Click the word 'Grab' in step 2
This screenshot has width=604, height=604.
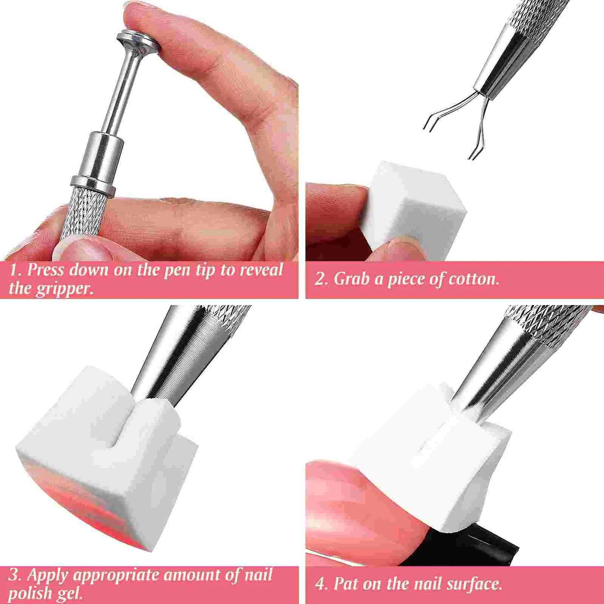pyautogui.click(x=351, y=279)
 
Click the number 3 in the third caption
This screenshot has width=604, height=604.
pyautogui.click(x=14, y=575)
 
